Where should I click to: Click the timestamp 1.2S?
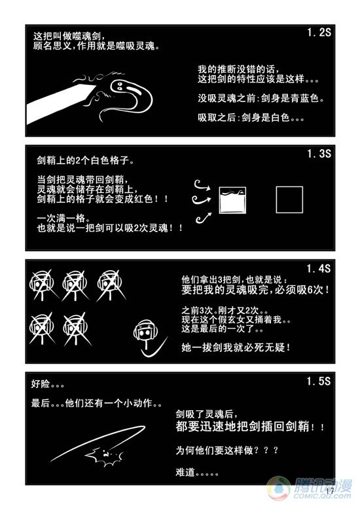[x=319, y=33]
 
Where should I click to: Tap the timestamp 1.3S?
[x=319, y=154]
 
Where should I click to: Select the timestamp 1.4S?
[x=319, y=268]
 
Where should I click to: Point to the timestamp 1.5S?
[x=319, y=381]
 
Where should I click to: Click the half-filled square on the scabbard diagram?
[x=232, y=200]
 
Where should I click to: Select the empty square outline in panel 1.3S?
[x=289, y=200]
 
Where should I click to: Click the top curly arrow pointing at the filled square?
[x=202, y=185]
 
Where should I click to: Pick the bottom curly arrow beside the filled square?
[x=204, y=218]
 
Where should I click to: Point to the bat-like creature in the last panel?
[x=104, y=455]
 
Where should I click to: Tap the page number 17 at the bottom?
[x=330, y=491]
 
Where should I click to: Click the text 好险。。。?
[x=47, y=384]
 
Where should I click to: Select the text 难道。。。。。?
[x=197, y=472]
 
